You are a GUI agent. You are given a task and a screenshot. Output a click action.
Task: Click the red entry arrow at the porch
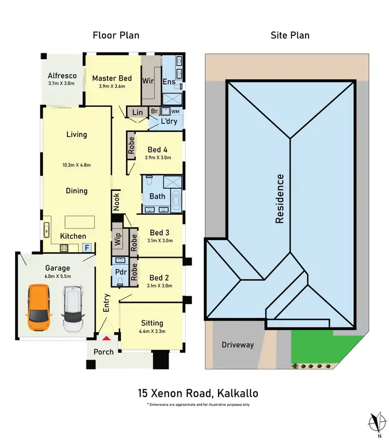(x=106, y=338)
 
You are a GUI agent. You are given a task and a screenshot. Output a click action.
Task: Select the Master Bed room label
(x=112, y=78)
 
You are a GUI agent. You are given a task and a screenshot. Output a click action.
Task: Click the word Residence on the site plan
(x=280, y=199)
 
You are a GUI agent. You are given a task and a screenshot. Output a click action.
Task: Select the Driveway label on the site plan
(x=238, y=344)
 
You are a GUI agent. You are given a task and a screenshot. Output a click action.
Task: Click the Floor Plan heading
(x=116, y=35)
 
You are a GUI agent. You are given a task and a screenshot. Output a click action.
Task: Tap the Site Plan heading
(x=289, y=35)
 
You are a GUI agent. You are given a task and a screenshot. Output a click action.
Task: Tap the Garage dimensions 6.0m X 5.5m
(x=57, y=276)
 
